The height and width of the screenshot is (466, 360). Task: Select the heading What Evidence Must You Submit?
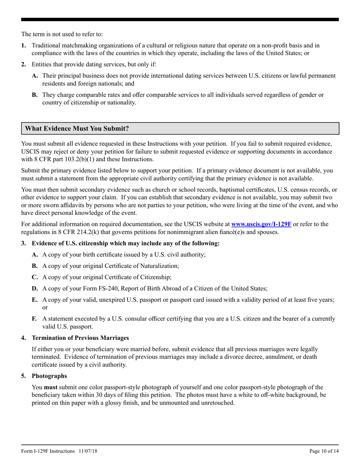click(77, 128)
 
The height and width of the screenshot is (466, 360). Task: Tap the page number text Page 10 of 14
click(324, 451)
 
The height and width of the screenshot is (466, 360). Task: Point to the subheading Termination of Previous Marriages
click(80, 338)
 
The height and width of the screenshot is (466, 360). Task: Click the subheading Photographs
click(49, 376)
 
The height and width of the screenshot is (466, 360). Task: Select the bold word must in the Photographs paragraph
click(51, 387)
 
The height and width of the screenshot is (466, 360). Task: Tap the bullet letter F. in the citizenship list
click(34, 319)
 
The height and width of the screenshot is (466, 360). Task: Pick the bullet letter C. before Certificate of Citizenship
click(35, 277)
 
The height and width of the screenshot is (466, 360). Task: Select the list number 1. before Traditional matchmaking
click(23, 45)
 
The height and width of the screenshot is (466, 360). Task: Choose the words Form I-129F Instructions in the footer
click(48, 451)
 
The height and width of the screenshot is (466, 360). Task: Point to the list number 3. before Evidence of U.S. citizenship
click(23, 243)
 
